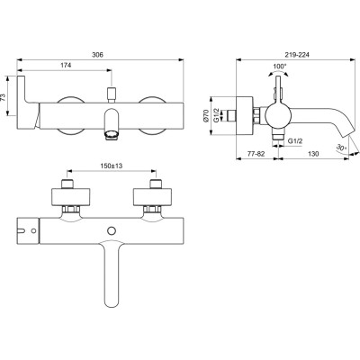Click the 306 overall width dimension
click(97, 55)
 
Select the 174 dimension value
click(66, 65)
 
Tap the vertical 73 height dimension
click(3, 96)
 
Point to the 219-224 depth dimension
click(297, 55)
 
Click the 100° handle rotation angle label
click(280, 66)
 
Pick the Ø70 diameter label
click(206, 115)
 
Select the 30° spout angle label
click(341, 148)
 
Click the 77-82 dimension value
click(256, 154)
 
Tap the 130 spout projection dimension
click(313, 154)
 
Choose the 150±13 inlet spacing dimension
click(112, 166)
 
